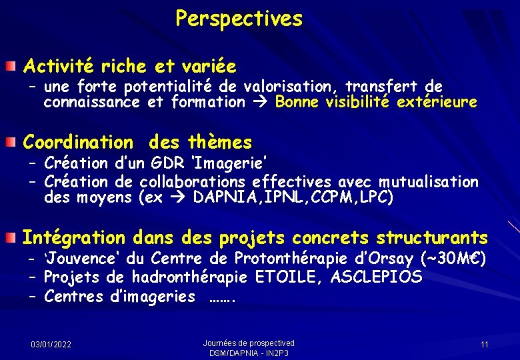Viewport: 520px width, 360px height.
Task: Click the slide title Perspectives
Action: pyautogui.click(x=239, y=19)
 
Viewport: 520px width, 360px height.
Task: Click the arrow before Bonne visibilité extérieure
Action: pyautogui.click(x=260, y=102)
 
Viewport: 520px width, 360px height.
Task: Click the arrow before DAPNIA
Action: pyautogui.click(x=179, y=198)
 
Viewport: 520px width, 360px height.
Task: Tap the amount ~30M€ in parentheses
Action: pyautogui.click(x=453, y=259)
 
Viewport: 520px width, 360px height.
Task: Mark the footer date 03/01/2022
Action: pyautogui.click(x=52, y=344)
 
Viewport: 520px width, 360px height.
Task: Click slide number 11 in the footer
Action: pyautogui.click(x=484, y=344)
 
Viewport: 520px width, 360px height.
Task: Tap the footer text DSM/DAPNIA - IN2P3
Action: pyautogui.click(x=249, y=353)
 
